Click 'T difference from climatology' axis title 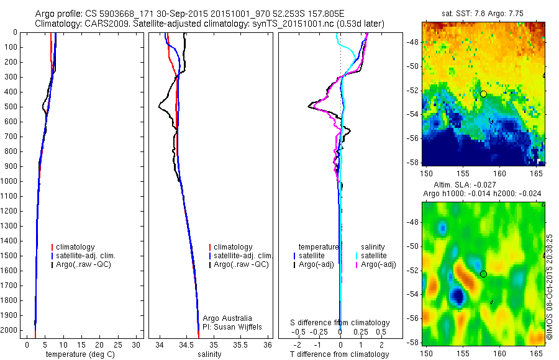pos(339,354)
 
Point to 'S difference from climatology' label pos(340,323)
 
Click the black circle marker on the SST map pos(483,94)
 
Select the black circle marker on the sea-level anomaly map pos(483,274)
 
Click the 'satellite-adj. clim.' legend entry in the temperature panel pos(86,256)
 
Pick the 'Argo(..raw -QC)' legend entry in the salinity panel pos(241,264)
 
